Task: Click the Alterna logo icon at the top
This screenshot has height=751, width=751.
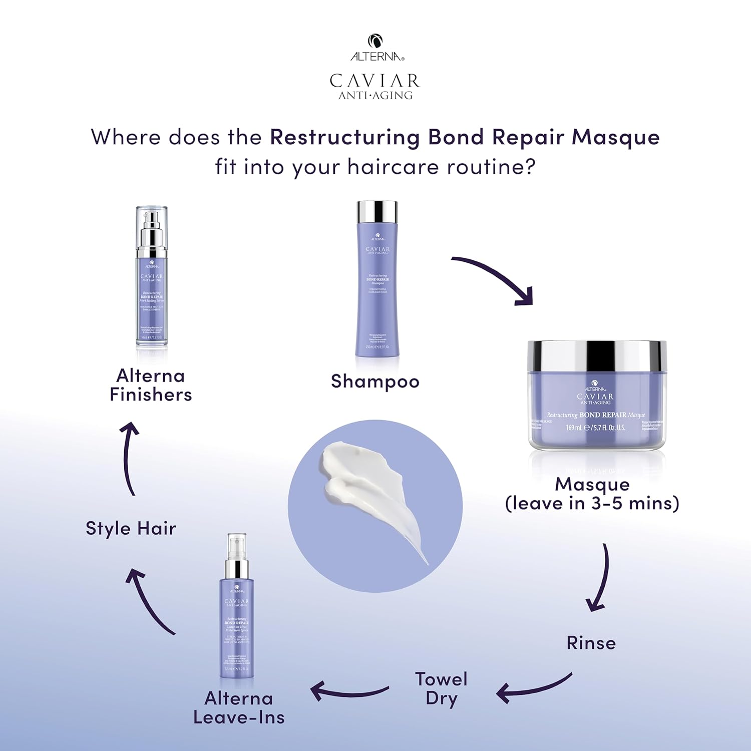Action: (x=375, y=41)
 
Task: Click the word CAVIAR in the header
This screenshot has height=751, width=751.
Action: (x=374, y=81)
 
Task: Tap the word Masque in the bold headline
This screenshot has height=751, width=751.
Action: (x=616, y=138)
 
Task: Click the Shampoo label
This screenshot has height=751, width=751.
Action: (x=375, y=382)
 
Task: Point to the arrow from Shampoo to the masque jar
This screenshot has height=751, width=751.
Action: (x=496, y=278)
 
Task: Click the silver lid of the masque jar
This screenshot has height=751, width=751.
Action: (x=597, y=356)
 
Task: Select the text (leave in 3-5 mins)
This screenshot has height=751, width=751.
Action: (x=592, y=503)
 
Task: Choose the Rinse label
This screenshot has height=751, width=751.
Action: (x=591, y=643)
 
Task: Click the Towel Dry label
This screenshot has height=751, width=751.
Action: (x=441, y=688)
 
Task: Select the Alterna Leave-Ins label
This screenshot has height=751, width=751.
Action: (x=239, y=707)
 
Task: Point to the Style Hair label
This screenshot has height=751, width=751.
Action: (x=131, y=529)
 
